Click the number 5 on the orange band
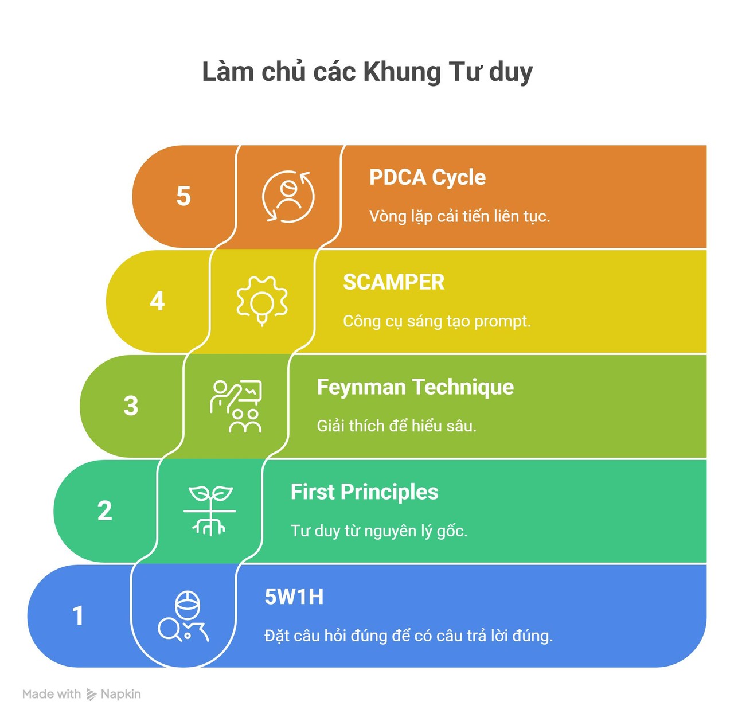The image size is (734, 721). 183,196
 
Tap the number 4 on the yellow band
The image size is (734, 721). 157,301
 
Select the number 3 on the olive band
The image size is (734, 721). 131,406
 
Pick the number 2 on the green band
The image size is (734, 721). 105,510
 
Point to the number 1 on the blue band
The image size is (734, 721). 78,615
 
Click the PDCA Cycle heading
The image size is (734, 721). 427,178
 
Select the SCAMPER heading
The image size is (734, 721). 393,282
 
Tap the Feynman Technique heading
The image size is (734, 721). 415,388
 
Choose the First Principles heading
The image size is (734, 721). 364,492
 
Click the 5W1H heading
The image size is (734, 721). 294,597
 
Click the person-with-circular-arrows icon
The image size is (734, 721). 288,197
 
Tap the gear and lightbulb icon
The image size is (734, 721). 262,301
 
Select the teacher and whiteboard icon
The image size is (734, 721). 236,406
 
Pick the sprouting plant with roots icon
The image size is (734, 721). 209,510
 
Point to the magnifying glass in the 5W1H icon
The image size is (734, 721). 170,630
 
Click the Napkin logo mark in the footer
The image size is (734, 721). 91,695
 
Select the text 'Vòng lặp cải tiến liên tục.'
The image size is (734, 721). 460,216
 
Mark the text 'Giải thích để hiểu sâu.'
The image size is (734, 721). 396,426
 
